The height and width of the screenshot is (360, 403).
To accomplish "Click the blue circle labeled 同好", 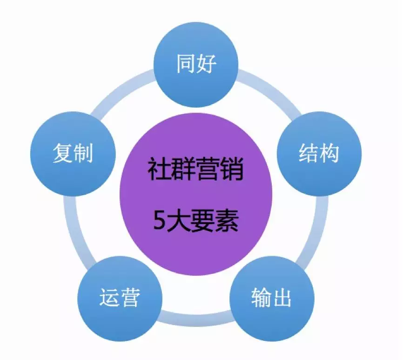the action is coord(196,64).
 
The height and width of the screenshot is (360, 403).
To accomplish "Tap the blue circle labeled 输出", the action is coord(272,298).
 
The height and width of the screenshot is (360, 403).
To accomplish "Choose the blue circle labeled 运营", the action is coord(120,298).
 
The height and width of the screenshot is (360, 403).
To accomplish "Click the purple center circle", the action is coord(196,196).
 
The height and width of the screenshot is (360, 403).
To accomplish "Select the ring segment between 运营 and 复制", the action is coord(77,228).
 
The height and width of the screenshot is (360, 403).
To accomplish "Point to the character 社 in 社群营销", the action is coord(159,171).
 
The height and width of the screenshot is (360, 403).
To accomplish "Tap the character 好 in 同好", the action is coord(207,64).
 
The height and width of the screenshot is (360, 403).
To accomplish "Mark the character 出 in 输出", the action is coord(282,298).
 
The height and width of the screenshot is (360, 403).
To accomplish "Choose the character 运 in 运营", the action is coord(109,298).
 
